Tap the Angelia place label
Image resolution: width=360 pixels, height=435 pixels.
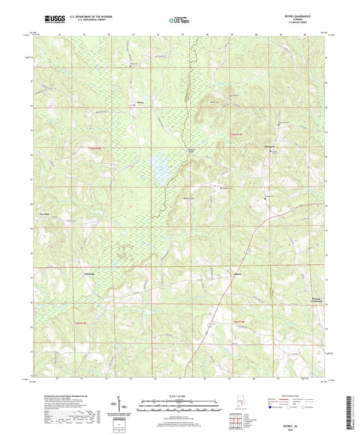click(x=199, y=276)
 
